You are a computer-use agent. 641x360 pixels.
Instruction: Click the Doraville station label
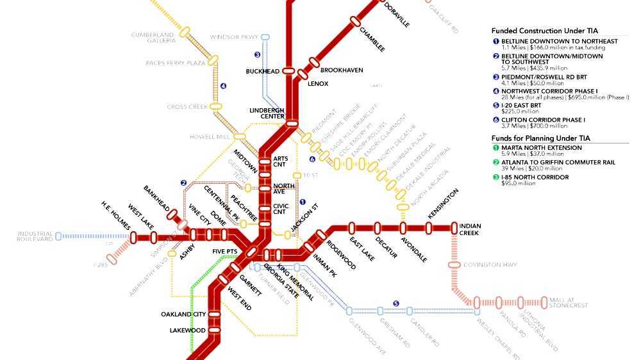[397, 14]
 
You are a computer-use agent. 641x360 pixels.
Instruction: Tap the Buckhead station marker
[288, 71]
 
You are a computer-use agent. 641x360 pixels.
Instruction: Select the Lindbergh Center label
[266, 113]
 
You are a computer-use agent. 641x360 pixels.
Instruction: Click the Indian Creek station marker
[454, 226]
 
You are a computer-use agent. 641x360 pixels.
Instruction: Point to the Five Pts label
[225, 252]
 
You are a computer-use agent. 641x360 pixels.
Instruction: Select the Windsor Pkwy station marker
[265, 37]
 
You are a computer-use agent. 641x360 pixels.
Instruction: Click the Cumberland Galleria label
[153, 37]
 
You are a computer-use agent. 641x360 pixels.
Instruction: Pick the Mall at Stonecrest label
[569, 302]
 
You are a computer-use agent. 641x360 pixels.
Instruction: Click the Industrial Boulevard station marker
[59, 236]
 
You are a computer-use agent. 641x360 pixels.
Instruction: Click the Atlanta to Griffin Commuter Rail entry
[558, 163]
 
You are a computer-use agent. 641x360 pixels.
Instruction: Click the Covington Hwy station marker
[454, 265]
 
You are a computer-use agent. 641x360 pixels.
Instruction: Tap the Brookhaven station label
[338, 69]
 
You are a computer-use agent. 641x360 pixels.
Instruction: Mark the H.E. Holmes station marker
[134, 238]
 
